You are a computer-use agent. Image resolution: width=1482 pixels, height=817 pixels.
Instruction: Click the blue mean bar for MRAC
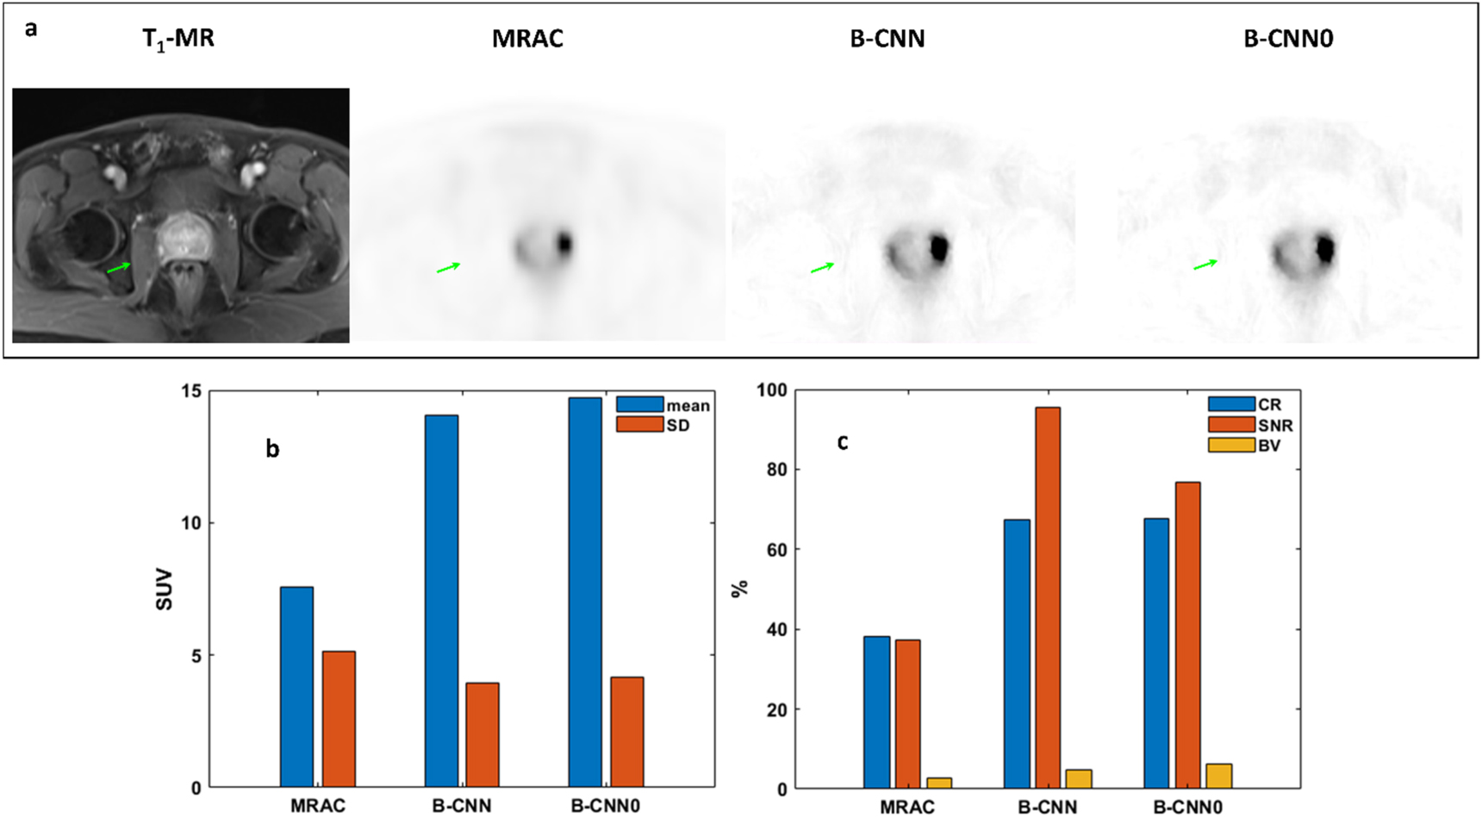[x=296, y=687]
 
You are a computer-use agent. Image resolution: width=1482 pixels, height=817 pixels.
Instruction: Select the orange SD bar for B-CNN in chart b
[x=483, y=734]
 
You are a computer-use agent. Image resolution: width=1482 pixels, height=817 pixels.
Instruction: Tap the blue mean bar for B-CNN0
[x=585, y=592]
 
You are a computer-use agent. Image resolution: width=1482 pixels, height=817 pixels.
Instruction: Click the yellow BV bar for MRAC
[x=939, y=783]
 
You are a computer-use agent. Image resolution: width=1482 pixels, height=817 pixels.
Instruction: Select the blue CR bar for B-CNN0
[x=1156, y=652]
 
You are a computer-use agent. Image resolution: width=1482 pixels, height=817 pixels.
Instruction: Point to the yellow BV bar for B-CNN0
[x=1218, y=776]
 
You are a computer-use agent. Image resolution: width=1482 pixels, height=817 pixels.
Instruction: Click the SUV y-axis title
[x=164, y=589]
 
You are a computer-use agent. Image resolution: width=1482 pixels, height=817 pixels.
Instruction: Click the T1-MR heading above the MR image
[x=178, y=39]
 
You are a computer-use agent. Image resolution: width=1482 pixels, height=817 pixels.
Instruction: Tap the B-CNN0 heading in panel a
[x=1288, y=39]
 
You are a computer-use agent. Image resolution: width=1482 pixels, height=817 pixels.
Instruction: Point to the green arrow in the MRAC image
[x=448, y=268]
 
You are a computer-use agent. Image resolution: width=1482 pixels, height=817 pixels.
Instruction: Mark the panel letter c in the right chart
[x=842, y=442]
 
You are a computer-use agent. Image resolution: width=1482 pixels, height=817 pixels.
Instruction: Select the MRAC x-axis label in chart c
[x=906, y=807]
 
